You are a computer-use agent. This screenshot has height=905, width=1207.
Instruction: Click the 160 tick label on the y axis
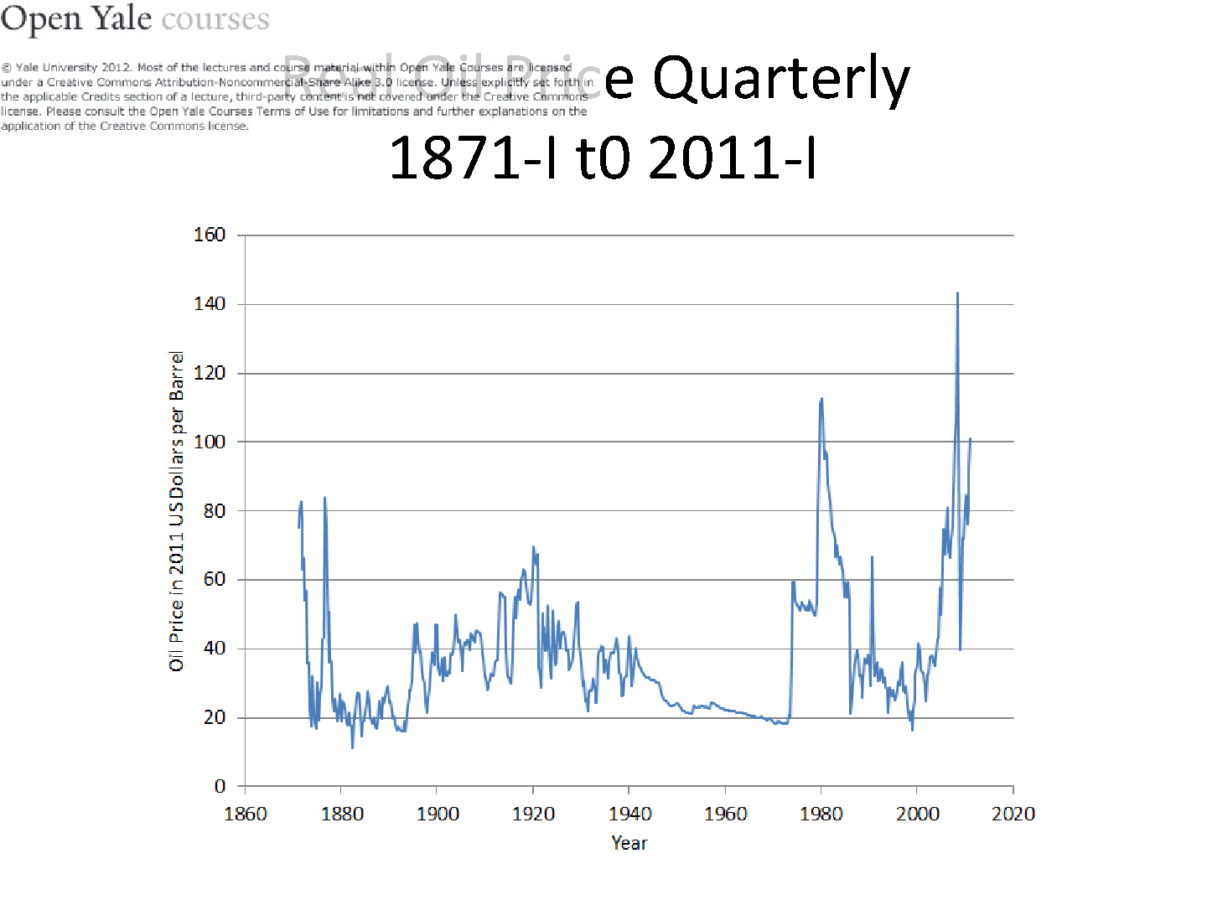click(x=210, y=235)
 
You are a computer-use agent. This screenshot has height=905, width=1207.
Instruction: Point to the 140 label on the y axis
click(x=210, y=303)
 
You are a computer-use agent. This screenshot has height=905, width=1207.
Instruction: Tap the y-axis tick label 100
click(x=210, y=442)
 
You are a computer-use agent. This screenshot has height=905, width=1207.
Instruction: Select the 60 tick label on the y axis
click(x=215, y=579)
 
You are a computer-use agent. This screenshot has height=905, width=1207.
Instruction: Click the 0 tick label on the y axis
click(x=220, y=786)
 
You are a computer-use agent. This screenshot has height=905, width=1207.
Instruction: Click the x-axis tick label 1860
click(x=246, y=814)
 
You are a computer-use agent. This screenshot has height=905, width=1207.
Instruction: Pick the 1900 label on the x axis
click(x=438, y=814)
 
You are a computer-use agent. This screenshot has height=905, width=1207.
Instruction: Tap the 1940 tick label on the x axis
click(x=629, y=814)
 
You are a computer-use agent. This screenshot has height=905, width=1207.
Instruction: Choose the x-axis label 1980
click(x=821, y=814)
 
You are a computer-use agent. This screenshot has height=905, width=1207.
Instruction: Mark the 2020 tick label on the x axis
click(x=1013, y=814)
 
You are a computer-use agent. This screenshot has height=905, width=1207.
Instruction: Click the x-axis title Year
click(x=629, y=843)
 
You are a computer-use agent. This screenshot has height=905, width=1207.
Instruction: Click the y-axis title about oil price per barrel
click(x=176, y=511)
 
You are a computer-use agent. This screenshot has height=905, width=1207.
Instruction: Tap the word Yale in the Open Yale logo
click(x=122, y=18)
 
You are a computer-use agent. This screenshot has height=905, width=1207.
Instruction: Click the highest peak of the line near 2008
click(x=957, y=293)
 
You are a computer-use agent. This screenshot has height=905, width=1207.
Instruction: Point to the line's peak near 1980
click(x=821, y=399)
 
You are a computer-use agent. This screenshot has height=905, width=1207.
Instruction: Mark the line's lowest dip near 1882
click(x=353, y=747)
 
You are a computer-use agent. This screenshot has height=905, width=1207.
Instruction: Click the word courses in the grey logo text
click(x=215, y=19)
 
